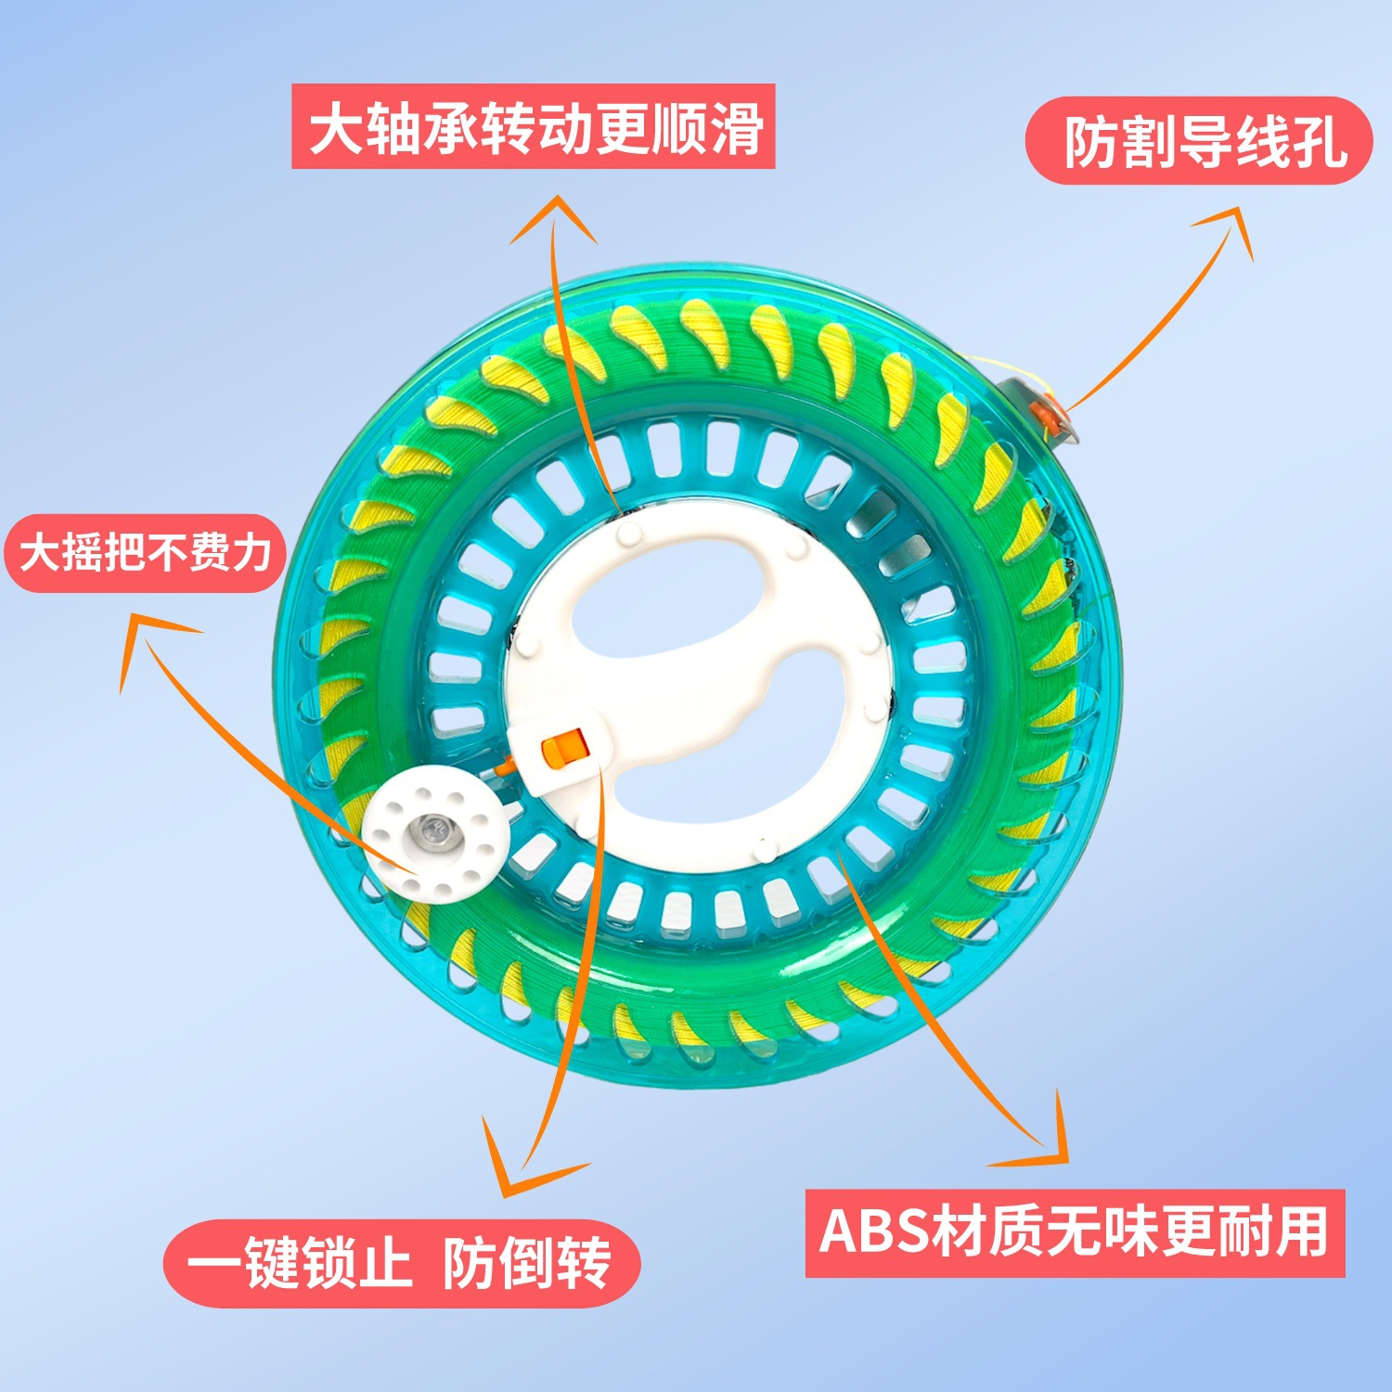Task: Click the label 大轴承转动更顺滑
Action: pyautogui.click(x=534, y=127)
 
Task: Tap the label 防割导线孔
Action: pyautogui.click(x=1199, y=141)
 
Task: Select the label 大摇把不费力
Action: pyautogui.click(x=145, y=553)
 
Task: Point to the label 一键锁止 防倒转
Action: pyautogui.click(x=401, y=1263)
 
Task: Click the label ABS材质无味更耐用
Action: pyautogui.click(x=1075, y=1232)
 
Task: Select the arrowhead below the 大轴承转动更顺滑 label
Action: pyautogui.click(x=555, y=213)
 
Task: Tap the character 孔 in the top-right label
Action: pyautogui.click(x=1319, y=141)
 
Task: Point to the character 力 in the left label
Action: pyautogui.click(x=250, y=553)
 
